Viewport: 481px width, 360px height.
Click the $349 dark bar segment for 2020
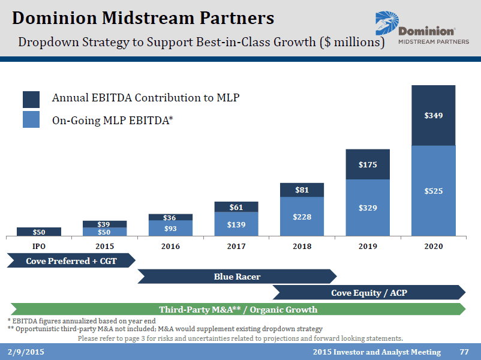click(x=434, y=115)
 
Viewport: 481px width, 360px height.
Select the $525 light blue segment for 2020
click(x=434, y=191)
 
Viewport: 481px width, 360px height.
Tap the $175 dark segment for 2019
click(x=368, y=164)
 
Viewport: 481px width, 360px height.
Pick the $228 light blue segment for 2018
click(x=302, y=217)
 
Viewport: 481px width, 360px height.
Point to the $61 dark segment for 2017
click(x=236, y=207)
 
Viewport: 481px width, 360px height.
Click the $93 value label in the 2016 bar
click(x=170, y=229)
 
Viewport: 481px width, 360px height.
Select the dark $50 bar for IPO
click(x=39, y=232)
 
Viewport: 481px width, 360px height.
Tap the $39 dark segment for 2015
click(x=105, y=224)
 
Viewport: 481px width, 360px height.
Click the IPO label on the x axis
click(x=39, y=246)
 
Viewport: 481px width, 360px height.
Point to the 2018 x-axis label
click(x=302, y=246)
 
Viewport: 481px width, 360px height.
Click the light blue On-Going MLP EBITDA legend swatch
click(x=31, y=119)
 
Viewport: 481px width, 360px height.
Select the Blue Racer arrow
click(x=237, y=277)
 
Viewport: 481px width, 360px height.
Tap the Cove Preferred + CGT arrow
click(x=71, y=260)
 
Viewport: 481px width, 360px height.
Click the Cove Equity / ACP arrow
click(x=368, y=293)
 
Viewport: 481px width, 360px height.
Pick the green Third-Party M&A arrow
click(x=238, y=310)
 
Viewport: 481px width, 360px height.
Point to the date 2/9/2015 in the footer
click(x=26, y=352)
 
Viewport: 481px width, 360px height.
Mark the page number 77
click(x=464, y=352)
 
